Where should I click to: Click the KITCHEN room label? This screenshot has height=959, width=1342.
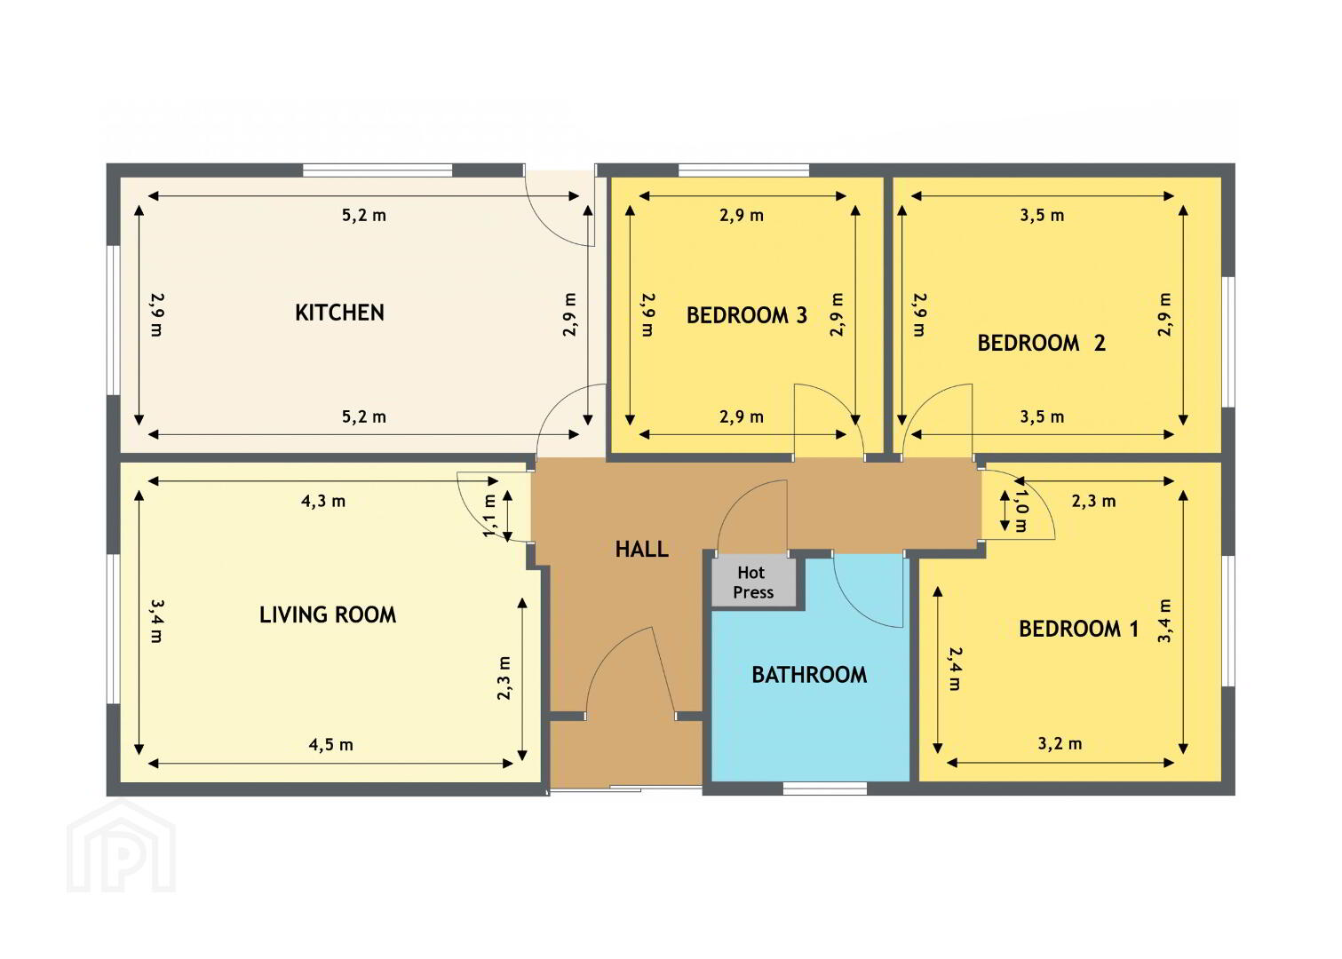pyautogui.click(x=339, y=313)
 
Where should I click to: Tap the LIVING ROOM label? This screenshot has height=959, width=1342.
pyautogui.click(x=328, y=615)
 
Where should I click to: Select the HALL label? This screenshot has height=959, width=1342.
pyautogui.click(x=641, y=550)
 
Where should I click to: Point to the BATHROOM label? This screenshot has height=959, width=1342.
pyautogui.click(x=809, y=675)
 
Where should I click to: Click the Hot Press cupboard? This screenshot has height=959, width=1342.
pyautogui.click(x=754, y=583)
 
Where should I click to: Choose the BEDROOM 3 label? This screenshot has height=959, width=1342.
pyautogui.click(x=746, y=315)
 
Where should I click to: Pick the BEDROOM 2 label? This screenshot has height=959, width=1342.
pyautogui.click(x=1041, y=344)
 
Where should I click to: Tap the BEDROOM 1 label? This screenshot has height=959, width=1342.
pyautogui.click(x=1078, y=629)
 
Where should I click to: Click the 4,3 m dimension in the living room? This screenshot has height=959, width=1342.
pyautogui.click(x=323, y=501)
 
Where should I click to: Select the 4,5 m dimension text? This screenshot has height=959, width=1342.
pyautogui.click(x=330, y=745)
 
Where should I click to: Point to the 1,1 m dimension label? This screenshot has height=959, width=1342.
pyautogui.click(x=490, y=516)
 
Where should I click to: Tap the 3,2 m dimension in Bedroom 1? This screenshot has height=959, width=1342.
pyautogui.click(x=1060, y=744)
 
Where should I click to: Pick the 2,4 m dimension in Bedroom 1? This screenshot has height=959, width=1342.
pyautogui.click(x=955, y=669)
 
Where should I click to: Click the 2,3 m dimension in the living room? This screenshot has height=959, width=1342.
pyautogui.click(x=504, y=678)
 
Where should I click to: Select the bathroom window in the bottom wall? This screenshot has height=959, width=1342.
pyautogui.click(x=825, y=789)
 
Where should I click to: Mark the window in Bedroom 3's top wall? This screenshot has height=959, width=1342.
pyautogui.click(x=743, y=170)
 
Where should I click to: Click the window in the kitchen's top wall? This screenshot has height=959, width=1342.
pyautogui.click(x=377, y=170)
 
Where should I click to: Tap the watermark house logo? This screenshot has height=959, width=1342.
pyautogui.click(x=122, y=846)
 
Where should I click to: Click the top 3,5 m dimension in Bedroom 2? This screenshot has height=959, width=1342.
pyautogui.click(x=1043, y=215)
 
